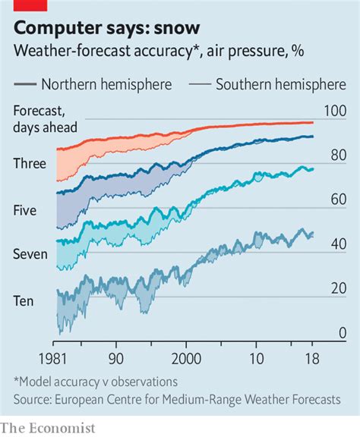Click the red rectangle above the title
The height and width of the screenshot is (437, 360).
pos(30,5)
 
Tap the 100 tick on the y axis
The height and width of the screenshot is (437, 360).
pos(335,111)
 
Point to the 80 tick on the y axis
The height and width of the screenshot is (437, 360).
pos(337,156)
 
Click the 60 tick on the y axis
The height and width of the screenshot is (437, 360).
pos(337,200)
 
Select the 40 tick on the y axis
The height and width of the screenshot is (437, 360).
pos(337,244)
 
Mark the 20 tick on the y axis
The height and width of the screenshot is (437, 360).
pos(337,289)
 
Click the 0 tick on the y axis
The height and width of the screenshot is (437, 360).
pos(342,333)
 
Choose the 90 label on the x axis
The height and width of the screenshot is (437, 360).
pos(115,357)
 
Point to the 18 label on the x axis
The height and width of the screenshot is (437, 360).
pos(309,357)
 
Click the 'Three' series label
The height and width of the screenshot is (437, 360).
pos(30,162)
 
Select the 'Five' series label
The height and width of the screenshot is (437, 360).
pos(26,209)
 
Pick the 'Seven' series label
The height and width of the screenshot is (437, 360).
pos(30,254)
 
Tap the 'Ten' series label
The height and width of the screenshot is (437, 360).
pos(23,300)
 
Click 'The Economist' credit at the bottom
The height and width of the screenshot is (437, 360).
pos(48,427)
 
